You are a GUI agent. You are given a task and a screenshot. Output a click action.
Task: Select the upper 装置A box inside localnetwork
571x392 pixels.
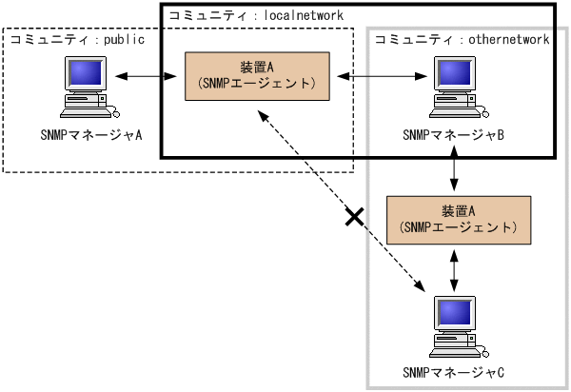tap(257, 74)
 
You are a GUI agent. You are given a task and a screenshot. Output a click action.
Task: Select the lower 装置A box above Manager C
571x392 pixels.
tap(458, 219)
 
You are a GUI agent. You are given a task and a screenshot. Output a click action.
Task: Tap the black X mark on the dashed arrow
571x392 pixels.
tap(354, 218)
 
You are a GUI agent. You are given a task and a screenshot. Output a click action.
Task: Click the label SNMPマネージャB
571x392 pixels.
tap(453, 134)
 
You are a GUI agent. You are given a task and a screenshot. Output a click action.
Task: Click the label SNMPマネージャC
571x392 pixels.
tap(453, 370)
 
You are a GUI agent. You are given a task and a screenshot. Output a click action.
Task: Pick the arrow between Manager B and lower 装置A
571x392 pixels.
tap(458, 171)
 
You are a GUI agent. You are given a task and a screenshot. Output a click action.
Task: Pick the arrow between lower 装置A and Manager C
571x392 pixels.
tap(458, 267)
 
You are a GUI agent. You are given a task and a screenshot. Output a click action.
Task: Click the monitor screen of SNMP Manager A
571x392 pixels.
tap(86, 73)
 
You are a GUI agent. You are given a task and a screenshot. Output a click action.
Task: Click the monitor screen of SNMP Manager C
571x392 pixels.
tap(455, 310)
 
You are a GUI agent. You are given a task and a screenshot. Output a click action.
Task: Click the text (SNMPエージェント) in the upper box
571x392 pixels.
tap(257, 84)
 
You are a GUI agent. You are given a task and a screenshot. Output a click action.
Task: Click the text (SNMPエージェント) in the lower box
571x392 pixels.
tap(458, 228)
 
